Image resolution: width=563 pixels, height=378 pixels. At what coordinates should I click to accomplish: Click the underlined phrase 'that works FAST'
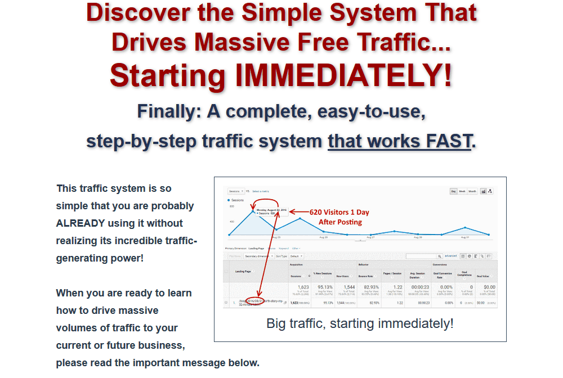pyautogui.click(x=399, y=141)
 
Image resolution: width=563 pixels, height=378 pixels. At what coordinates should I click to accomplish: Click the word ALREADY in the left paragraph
pyautogui.click(x=81, y=223)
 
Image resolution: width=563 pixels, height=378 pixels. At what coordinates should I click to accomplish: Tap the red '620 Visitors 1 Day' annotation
pyautogui.click(x=339, y=213)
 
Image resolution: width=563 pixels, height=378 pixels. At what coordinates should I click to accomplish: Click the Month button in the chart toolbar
pyautogui.click(x=473, y=191)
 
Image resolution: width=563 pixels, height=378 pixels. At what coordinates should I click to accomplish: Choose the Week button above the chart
pyautogui.click(x=462, y=191)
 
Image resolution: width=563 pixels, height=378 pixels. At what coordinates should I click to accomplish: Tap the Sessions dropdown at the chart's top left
pyautogui.click(x=236, y=191)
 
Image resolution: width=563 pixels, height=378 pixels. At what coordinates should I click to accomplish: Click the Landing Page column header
pyautogui.click(x=244, y=272)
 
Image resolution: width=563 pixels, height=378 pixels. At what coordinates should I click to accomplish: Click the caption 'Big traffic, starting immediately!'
pyautogui.click(x=360, y=323)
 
